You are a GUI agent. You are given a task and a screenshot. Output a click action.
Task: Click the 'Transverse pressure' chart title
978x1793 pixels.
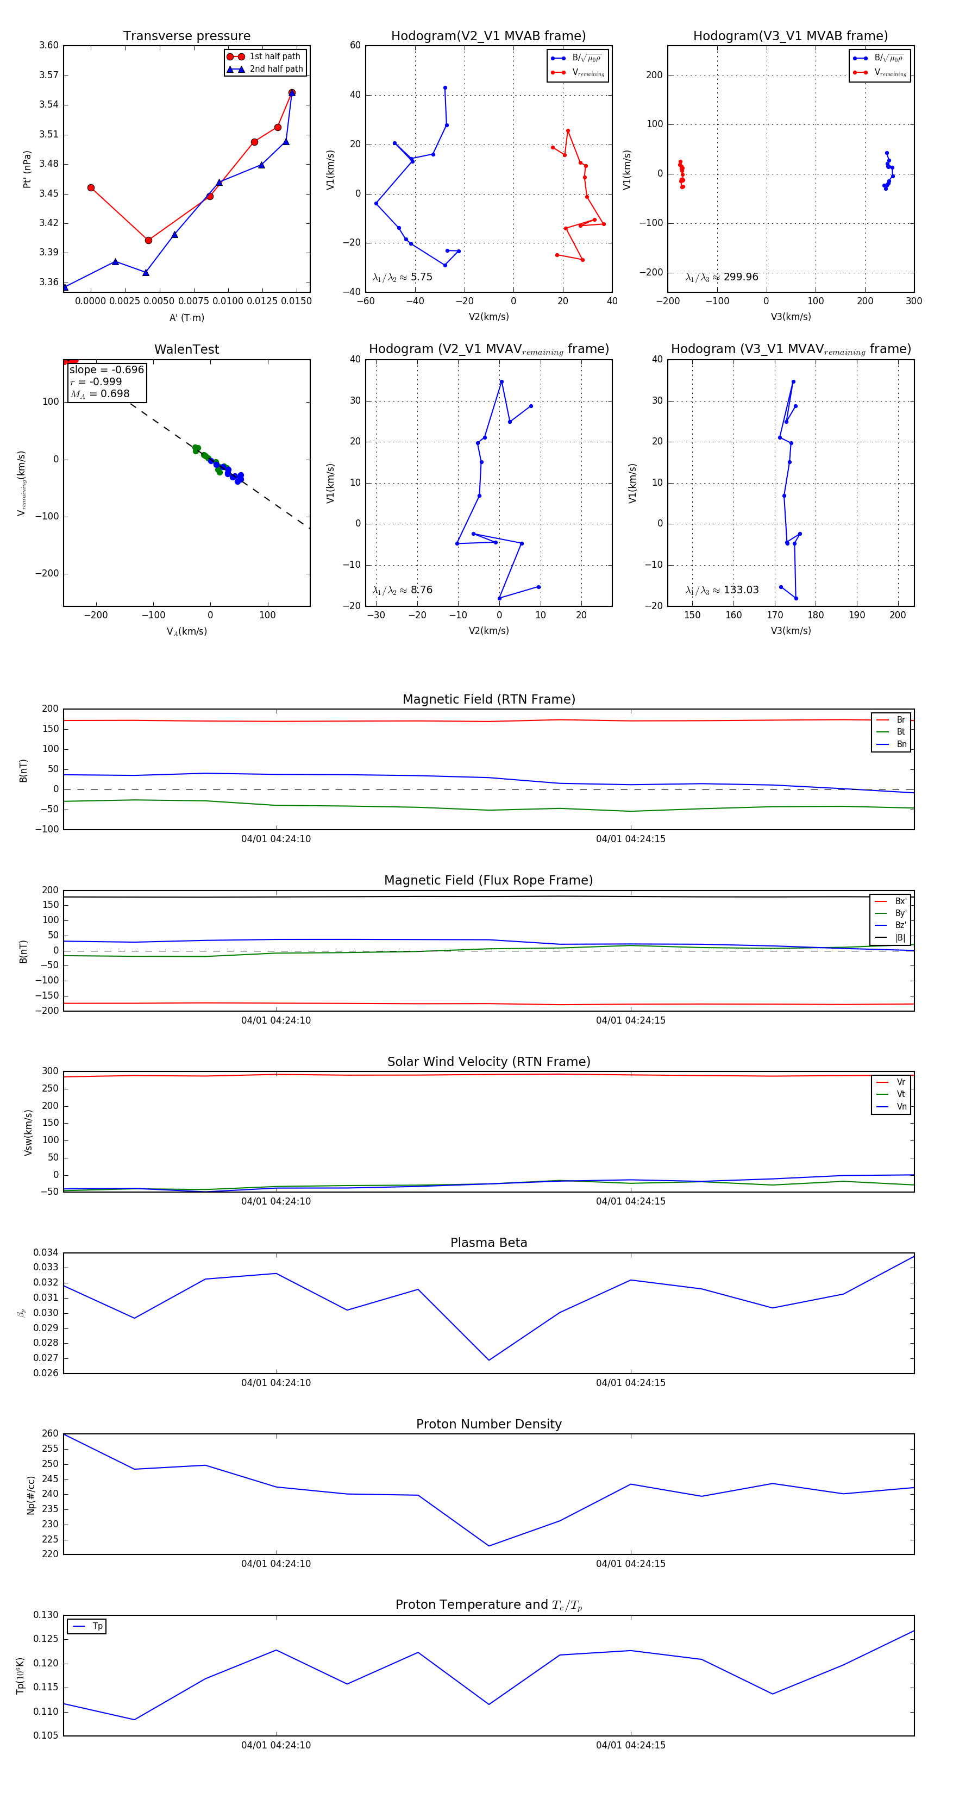click(186, 36)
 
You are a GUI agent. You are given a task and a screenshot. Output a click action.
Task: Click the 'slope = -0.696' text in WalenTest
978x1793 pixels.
click(106, 369)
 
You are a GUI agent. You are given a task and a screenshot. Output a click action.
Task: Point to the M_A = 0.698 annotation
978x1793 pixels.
click(99, 394)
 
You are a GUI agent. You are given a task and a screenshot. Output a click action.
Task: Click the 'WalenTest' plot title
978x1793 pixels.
click(186, 349)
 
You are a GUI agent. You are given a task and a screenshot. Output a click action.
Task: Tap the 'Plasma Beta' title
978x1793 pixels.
click(488, 1243)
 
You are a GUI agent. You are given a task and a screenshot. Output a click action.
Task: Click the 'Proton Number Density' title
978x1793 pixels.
click(488, 1424)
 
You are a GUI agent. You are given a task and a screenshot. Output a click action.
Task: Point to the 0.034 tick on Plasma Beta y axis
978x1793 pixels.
click(46, 1253)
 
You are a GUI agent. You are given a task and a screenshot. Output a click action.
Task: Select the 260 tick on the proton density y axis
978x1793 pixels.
click(50, 1434)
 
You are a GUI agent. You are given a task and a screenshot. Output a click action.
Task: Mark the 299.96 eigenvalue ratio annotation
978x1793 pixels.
click(722, 277)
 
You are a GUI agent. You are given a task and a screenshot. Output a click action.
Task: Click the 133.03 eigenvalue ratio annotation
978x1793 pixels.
click(722, 590)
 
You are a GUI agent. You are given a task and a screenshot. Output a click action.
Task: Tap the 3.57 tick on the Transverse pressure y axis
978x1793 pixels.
click(49, 75)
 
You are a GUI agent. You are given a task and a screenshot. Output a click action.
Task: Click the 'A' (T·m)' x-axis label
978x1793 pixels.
click(186, 318)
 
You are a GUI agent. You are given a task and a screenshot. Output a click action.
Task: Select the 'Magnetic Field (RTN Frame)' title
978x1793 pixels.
click(488, 699)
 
